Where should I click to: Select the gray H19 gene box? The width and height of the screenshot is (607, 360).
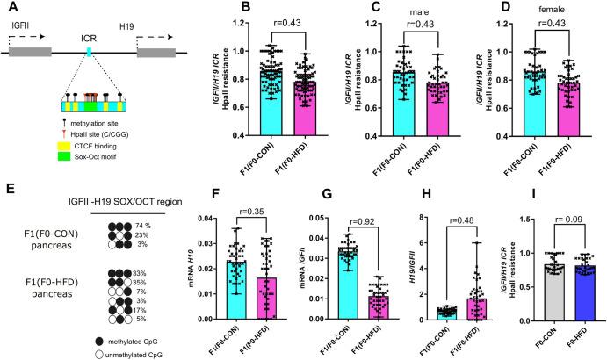tap(159, 54)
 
